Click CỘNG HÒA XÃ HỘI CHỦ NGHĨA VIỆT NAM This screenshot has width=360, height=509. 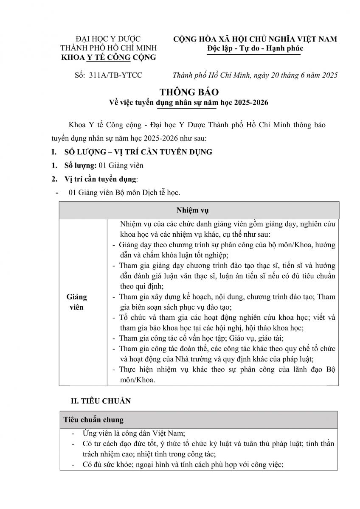255,39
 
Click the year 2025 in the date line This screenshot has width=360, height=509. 329,75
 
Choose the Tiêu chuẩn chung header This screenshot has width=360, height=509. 93,420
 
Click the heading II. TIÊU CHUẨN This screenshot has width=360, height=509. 101,401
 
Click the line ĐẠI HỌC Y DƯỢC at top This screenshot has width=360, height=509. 108,39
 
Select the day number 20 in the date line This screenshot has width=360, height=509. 272,75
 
